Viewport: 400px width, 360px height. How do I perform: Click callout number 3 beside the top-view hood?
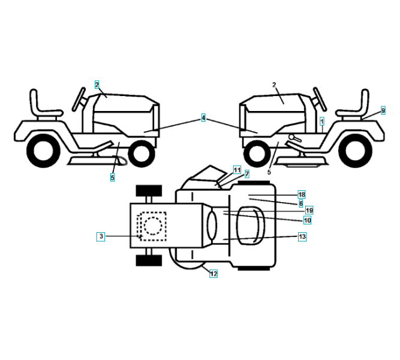[x=101, y=237]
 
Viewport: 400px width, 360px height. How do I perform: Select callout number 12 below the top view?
[x=213, y=274]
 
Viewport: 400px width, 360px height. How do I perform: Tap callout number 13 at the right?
[x=302, y=237]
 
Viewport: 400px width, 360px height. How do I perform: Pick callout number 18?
[x=302, y=195]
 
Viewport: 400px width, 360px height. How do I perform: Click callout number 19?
[x=309, y=211]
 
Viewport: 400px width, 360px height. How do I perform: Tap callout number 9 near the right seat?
[x=383, y=111]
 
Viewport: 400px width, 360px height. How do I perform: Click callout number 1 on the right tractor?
[x=322, y=121]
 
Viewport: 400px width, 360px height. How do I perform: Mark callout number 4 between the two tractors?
[x=203, y=119]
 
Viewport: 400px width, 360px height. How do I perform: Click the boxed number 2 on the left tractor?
[x=97, y=85]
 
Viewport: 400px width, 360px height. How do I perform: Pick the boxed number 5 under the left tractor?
[x=112, y=178]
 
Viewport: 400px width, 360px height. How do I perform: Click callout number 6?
[x=300, y=203]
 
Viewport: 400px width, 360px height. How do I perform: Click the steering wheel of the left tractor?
[x=79, y=98]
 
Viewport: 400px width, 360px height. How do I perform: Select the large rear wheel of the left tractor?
[x=44, y=152]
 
